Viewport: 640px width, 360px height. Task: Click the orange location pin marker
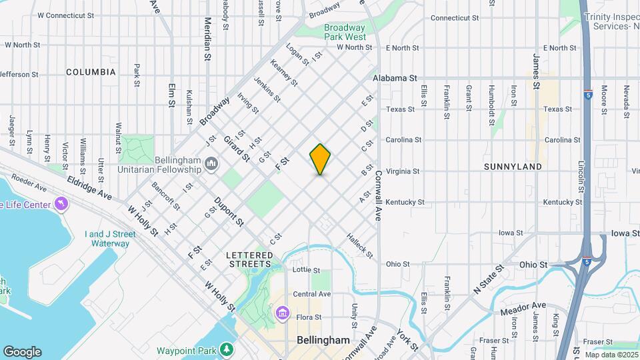tap(321, 159)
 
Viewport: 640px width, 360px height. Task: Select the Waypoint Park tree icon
tap(227, 349)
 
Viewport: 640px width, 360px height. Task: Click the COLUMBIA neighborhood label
tap(91, 71)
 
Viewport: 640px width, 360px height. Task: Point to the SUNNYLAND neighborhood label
tap(512, 167)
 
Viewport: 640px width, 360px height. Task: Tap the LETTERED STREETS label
tap(249, 259)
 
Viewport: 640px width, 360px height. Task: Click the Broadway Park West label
tap(345, 33)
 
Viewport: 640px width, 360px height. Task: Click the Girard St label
tap(236, 149)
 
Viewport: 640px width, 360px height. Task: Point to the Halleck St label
tap(359, 246)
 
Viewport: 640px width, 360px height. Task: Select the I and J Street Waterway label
tap(110, 239)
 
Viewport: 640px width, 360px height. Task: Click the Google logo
tap(22, 351)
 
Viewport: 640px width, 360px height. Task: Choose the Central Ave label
tap(312, 294)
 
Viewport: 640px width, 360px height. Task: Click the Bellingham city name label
tap(323, 340)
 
